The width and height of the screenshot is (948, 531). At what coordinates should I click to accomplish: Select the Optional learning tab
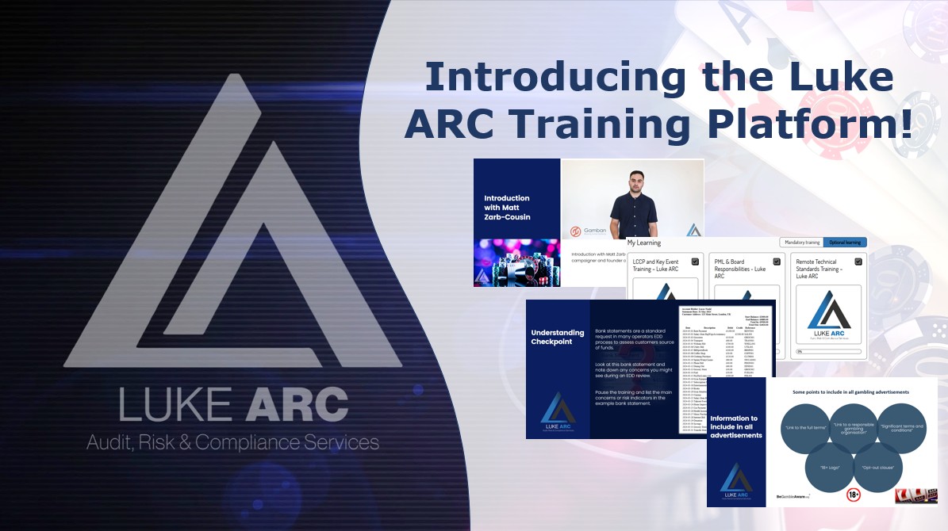click(844, 243)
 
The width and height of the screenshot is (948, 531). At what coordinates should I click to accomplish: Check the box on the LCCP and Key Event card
click(695, 262)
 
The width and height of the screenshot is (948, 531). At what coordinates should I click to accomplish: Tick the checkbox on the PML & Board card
click(776, 262)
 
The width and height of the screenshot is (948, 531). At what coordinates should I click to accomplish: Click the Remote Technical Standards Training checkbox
click(858, 262)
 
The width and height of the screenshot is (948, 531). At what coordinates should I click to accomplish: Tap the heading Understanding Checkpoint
click(558, 338)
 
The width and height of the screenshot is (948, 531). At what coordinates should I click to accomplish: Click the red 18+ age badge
click(854, 496)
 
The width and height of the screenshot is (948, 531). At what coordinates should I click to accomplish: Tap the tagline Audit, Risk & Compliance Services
click(232, 442)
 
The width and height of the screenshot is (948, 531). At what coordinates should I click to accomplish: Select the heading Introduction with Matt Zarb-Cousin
click(507, 208)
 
